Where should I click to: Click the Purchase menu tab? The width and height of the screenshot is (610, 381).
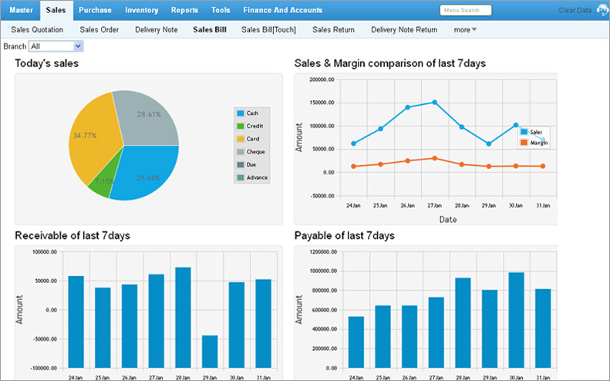(x=95, y=10)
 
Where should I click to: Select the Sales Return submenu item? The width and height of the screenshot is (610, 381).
(x=333, y=30)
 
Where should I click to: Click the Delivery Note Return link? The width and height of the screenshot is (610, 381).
(x=404, y=30)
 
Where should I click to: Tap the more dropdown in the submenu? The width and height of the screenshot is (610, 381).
(x=465, y=30)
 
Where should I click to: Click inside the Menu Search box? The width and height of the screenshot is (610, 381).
(x=465, y=11)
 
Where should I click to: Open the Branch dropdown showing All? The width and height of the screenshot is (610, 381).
(x=56, y=46)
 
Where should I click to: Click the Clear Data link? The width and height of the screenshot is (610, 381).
(x=575, y=11)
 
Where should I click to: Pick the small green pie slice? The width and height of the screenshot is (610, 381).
(x=100, y=184)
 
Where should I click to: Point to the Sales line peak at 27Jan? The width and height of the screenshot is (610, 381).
(x=434, y=102)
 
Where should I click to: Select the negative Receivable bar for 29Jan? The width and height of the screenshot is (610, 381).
(x=210, y=351)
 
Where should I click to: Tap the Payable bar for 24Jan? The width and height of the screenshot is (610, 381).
(x=356, y=342)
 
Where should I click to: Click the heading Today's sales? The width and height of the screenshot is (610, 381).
(x=46, y=62)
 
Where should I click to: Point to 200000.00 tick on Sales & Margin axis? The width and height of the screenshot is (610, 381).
(x=318, y=79)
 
